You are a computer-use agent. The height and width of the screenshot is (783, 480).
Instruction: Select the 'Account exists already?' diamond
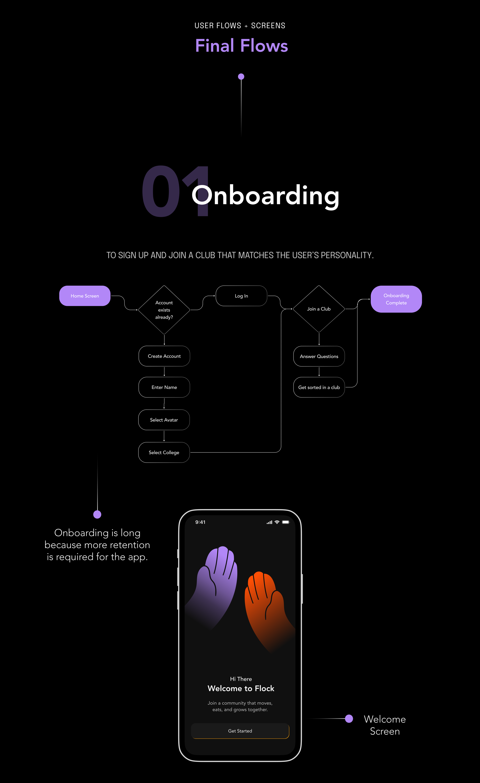(x=164, y=310)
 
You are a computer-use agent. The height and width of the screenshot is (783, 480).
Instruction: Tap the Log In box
(x=241, y=296)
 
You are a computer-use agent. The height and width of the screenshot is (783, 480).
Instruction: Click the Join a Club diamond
(x=319, y=309)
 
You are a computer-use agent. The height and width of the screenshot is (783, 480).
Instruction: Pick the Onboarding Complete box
(x=396, y=299)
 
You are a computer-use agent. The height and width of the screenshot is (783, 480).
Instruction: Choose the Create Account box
(x=164, y=356)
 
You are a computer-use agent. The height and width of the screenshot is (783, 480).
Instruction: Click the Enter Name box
(x=164, y=387)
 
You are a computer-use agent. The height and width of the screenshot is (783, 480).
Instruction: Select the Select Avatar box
(x=164, y=420)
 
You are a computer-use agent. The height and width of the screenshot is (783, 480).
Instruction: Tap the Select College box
(x=164, y=452)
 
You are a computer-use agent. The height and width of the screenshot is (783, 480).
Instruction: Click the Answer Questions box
(x=319, y=356)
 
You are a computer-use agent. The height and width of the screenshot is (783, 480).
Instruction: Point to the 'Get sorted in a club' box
(x=319, y=387)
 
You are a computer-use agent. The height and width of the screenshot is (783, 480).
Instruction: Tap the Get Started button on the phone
(x=240, y=731)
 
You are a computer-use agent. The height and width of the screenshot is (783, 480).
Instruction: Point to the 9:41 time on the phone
(x=200, y=522)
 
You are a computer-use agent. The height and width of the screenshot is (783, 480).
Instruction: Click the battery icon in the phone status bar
(x=286, y=522)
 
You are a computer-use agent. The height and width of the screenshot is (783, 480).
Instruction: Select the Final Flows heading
(x=242, y=46)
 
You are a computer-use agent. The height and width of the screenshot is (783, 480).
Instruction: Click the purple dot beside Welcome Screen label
(x=349, y=719)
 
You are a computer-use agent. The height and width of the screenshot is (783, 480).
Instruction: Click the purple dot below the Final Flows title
(x=241, y=77)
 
